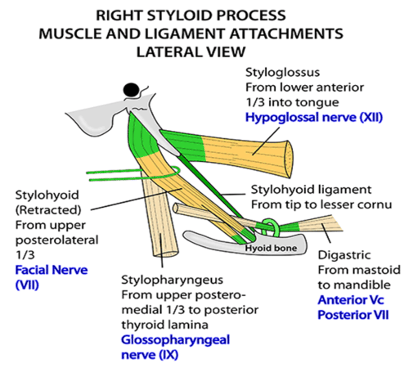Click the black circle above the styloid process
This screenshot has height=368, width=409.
(x=131, y=90)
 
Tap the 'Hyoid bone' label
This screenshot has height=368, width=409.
(x=271, y=248)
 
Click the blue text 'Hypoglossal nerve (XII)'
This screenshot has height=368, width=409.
(x=314, y=117)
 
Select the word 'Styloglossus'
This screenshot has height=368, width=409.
(x=282, y=72)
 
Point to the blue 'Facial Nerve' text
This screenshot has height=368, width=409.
(x=51, y=270)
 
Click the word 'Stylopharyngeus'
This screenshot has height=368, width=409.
(x=172, y=280)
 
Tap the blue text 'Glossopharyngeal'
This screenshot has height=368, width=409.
(x=175, y=340)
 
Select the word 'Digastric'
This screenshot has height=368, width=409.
(x=344, y=255)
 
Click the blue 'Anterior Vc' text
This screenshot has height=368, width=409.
(x=351, y=300)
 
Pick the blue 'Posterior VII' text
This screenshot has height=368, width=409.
(x=353, y=315)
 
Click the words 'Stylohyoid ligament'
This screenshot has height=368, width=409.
(x=311, y=190)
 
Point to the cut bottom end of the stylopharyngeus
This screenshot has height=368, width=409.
(x=166, y=254)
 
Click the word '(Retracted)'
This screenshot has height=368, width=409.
(x=48, y=210)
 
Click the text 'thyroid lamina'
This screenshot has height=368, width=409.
(x=164, y=325)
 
